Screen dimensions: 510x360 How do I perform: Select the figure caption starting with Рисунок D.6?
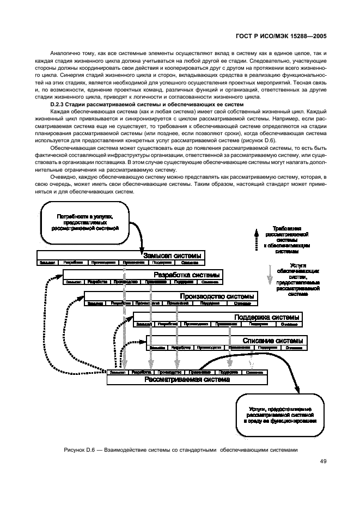[181, 450]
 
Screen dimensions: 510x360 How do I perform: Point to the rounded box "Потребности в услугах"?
[84, 222]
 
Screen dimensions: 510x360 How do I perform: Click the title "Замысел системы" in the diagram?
[173, 256]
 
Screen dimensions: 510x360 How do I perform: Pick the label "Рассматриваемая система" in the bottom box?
[187, 380]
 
